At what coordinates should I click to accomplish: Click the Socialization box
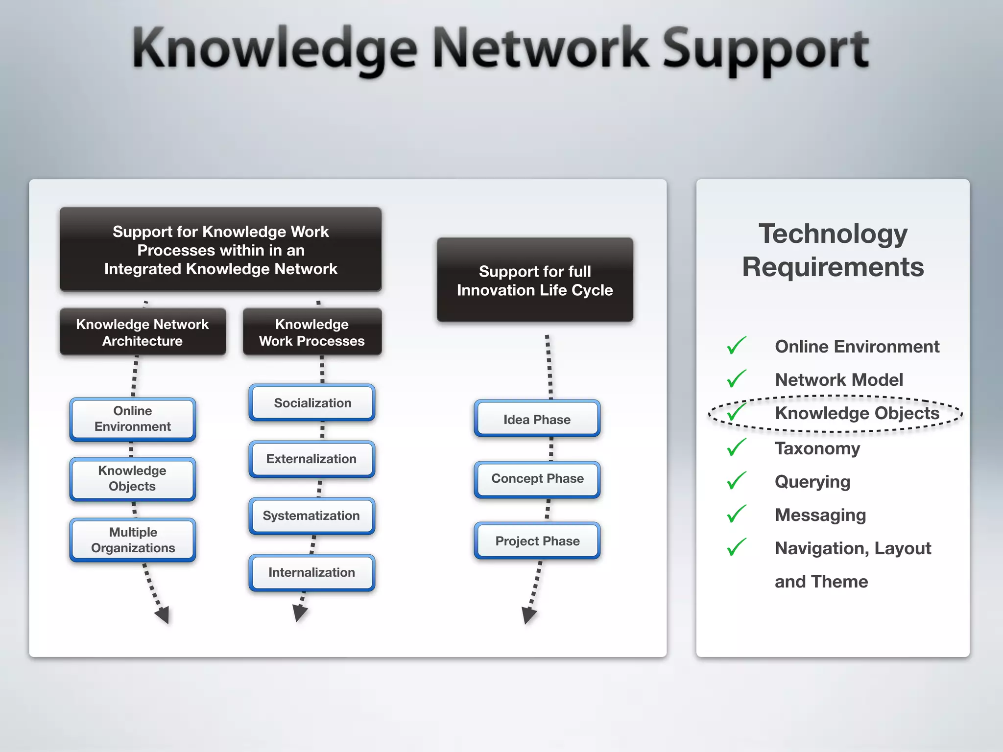(312, 402)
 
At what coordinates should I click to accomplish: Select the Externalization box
(312, 459)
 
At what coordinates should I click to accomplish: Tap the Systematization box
(312, 516)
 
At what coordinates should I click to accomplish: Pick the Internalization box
(312, 572)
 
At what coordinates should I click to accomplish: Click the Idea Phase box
(537, 419)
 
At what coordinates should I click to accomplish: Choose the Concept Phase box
(537, 479)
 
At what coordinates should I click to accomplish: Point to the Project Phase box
(537, 541)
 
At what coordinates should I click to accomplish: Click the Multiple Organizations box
(133, 540)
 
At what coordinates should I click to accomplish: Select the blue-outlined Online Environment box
(133, 419)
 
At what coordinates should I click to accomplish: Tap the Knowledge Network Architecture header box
(143, 332)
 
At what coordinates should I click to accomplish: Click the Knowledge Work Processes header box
(312, 332)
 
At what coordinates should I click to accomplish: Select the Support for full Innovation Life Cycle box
(535, 281)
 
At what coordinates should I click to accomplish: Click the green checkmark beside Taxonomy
(736, 447)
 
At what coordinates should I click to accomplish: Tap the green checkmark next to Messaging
(736, 514)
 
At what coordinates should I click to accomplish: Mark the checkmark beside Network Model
(736, 378)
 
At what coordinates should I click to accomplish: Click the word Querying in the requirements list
(812, 482)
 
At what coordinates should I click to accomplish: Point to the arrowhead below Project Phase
(528, 615)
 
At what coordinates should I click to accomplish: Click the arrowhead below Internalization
(299, 612)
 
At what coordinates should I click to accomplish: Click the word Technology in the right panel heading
(833, 234)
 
